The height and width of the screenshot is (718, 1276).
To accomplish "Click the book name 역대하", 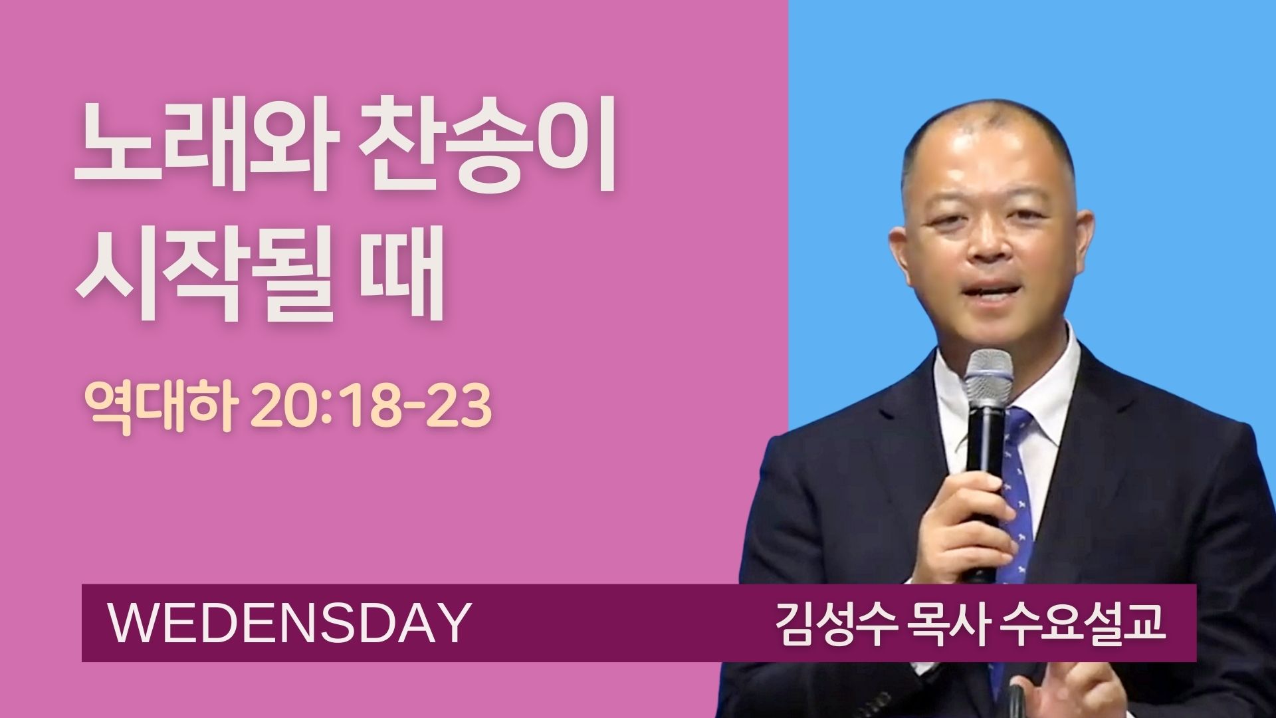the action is [160, 406].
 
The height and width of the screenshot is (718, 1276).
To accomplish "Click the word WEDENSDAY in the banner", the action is [289, 623].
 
